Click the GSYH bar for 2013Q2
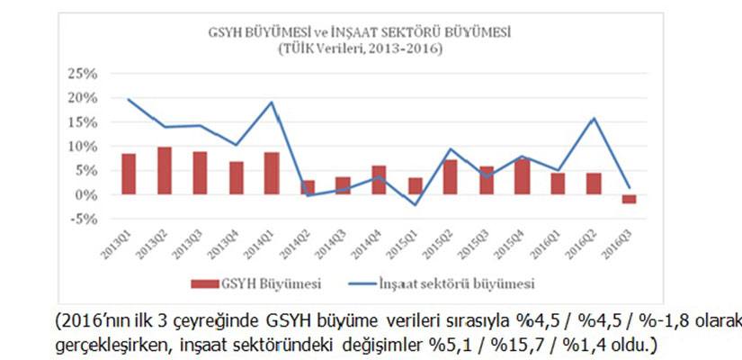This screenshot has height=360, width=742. tap(165, 171)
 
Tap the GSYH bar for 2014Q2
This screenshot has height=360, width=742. tap(307, 187)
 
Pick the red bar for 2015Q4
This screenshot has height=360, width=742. tap(522, 176)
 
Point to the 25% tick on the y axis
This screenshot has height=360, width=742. tap(85, 73)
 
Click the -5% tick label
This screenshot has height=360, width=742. tap(85, 219)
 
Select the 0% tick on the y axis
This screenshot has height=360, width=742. tap(89, 194)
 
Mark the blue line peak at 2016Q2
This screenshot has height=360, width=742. tap(592, 118)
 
